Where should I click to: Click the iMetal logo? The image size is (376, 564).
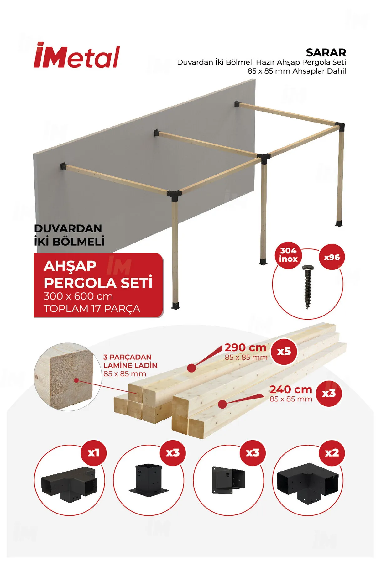[77, 55]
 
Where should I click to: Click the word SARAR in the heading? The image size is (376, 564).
[326, 52]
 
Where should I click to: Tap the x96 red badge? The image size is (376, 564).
[332, 257]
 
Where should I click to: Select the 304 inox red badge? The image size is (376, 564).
[288, 255]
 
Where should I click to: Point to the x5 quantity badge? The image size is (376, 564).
[284, 351]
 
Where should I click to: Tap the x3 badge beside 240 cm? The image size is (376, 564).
[329, 393]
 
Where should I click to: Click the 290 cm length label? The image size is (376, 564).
[245, 347]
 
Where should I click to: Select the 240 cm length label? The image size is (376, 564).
[290, 389]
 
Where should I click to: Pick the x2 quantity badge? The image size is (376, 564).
[332, 453]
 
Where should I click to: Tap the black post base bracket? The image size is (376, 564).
[149, 479]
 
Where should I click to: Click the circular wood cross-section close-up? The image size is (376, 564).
[68, 376]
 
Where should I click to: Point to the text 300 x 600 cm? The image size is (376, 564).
[78, 296]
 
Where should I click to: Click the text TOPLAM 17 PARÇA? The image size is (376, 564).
[92, 309]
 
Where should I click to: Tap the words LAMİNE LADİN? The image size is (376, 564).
[130, 365]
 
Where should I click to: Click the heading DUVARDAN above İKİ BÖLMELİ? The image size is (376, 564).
[68, 228]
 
